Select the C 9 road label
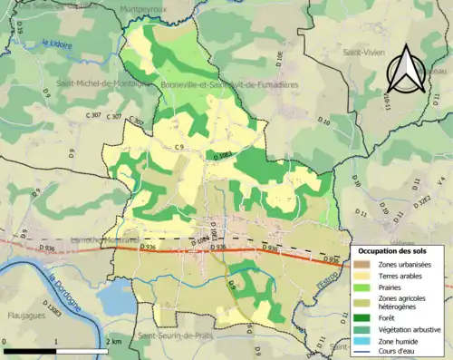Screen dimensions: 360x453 pyautogui.click(x=179, y=147)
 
